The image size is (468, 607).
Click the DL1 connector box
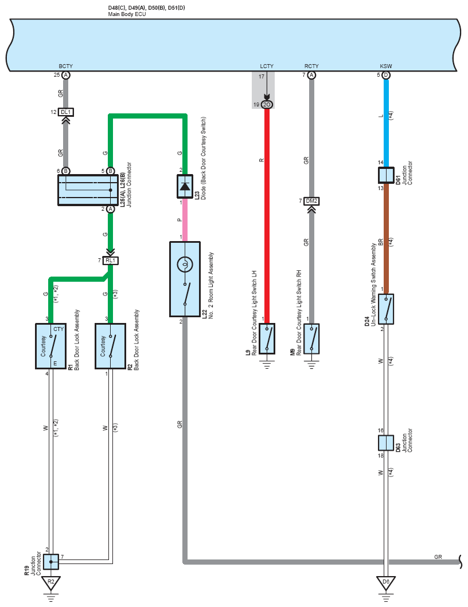(66, 112)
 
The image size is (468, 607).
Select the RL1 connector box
(111, 261)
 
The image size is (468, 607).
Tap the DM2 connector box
(311, 202)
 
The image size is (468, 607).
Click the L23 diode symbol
(185, 187)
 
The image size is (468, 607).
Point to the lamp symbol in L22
(185, 265)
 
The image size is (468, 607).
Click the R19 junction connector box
(51, 562)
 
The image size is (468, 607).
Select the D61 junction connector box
(386, 175)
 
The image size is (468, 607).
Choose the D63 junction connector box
(386, 443)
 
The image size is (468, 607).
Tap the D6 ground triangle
(386, 583)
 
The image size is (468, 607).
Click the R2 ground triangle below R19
(51, 583)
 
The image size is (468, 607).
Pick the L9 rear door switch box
(267, 339)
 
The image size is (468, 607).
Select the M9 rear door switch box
(311, 339)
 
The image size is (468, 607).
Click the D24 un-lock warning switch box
(386, 309)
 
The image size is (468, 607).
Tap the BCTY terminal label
(66, 66)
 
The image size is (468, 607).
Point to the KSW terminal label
(386, 66)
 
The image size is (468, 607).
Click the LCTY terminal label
(267, 66)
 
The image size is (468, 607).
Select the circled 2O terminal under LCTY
(267, 105)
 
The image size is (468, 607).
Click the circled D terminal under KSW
(386, 75)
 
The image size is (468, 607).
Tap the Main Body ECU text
(127, 14)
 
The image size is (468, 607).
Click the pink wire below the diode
(185, 220)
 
